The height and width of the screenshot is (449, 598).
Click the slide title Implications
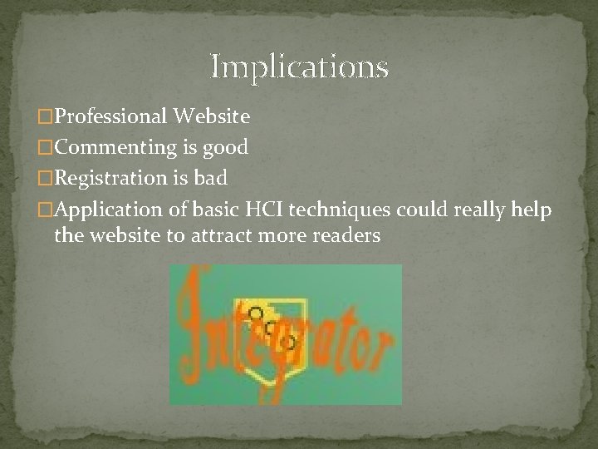click(x=299, y=66)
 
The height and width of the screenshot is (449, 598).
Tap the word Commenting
click(x=114, y=148)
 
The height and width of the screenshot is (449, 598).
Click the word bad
click(x=212, y=178)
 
